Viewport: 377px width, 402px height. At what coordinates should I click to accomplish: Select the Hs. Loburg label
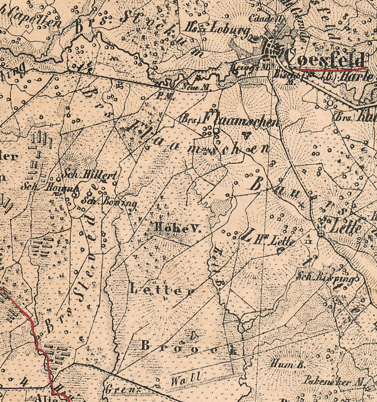(x=217, y=29)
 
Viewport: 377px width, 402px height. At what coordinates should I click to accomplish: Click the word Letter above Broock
(x=162, y=290)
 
